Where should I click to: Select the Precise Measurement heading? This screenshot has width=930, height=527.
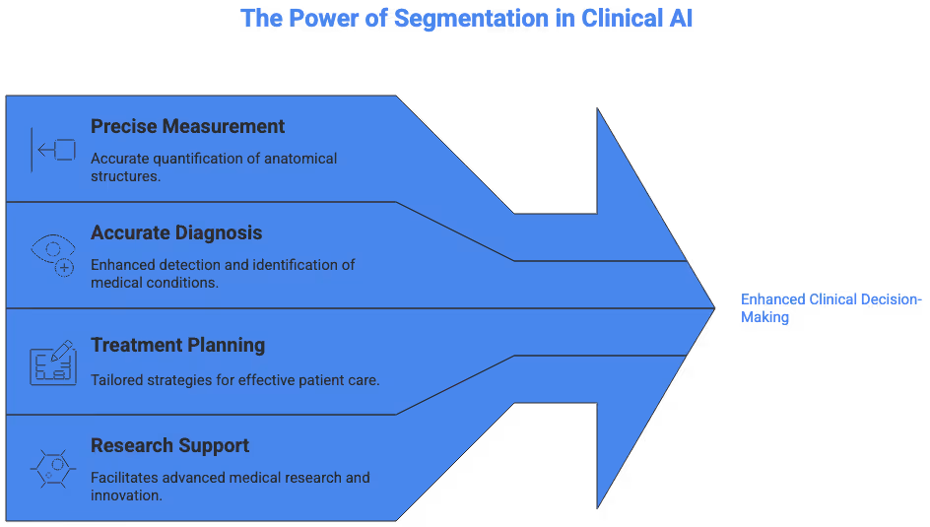click(187, 126)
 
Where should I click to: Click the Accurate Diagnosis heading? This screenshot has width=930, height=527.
click(176, 232)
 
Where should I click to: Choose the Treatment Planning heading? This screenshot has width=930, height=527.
click(177, 345)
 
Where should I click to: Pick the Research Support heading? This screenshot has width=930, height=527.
click(169, 445)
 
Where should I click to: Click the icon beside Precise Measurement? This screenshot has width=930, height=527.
click(53, 150)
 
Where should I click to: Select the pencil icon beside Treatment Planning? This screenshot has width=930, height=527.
click(53, 362)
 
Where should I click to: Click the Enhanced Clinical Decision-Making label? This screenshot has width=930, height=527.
click(830, 307)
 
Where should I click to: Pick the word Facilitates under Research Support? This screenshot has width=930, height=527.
click(126, 478)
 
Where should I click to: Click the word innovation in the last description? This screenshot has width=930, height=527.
click(126, 494)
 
